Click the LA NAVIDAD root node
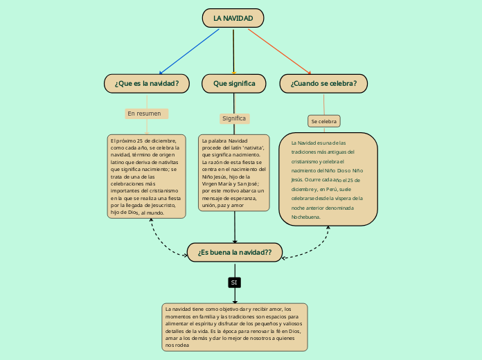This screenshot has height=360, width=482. coord(233,18)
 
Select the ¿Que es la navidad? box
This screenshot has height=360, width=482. coord(146,84)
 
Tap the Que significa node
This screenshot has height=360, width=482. coord(234,84)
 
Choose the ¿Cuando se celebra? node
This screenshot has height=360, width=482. coord(323,84)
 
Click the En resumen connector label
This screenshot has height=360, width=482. coord(145,114)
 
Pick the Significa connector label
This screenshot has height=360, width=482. coord(234,118)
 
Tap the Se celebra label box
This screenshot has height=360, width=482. coord(323,121)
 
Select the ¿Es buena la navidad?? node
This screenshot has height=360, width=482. coord(235,253)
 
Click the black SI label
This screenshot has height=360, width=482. coord(234,282)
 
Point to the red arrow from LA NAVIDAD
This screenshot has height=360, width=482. coord(278,51)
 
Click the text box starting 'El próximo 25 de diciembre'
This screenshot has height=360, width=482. coord(146,177)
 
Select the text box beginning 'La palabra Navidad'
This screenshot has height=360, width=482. coord(234,172)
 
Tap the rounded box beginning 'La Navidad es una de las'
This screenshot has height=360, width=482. coord(328,179)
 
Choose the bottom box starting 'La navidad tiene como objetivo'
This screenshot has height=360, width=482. coord(234,327)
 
